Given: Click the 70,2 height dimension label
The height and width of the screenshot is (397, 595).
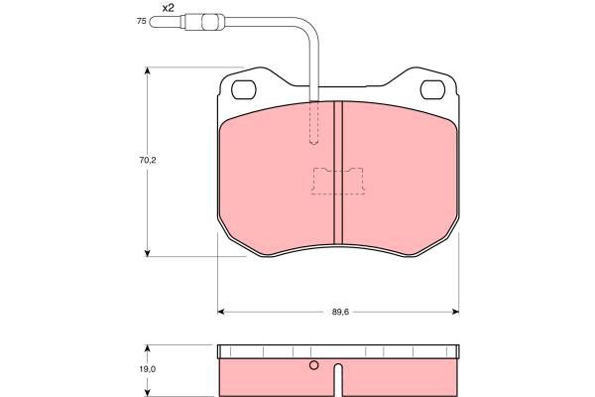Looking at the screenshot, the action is pos(148,161).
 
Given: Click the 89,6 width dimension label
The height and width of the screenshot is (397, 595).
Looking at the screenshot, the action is pos(340,312).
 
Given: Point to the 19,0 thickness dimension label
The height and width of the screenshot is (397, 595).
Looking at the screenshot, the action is pos(148,369).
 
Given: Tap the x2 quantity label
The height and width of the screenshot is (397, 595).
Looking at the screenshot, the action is pos(169,8).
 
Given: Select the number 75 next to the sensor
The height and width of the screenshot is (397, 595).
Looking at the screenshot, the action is pos(141,21).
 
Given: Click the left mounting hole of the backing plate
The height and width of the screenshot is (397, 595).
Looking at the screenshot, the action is pos(244,90).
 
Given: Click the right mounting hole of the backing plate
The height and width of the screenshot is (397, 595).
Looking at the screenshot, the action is pos(432,90).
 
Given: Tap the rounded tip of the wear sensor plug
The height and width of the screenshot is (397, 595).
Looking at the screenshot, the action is pos(152,22).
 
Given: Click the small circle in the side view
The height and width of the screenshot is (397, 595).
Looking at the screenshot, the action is pos(313,365).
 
